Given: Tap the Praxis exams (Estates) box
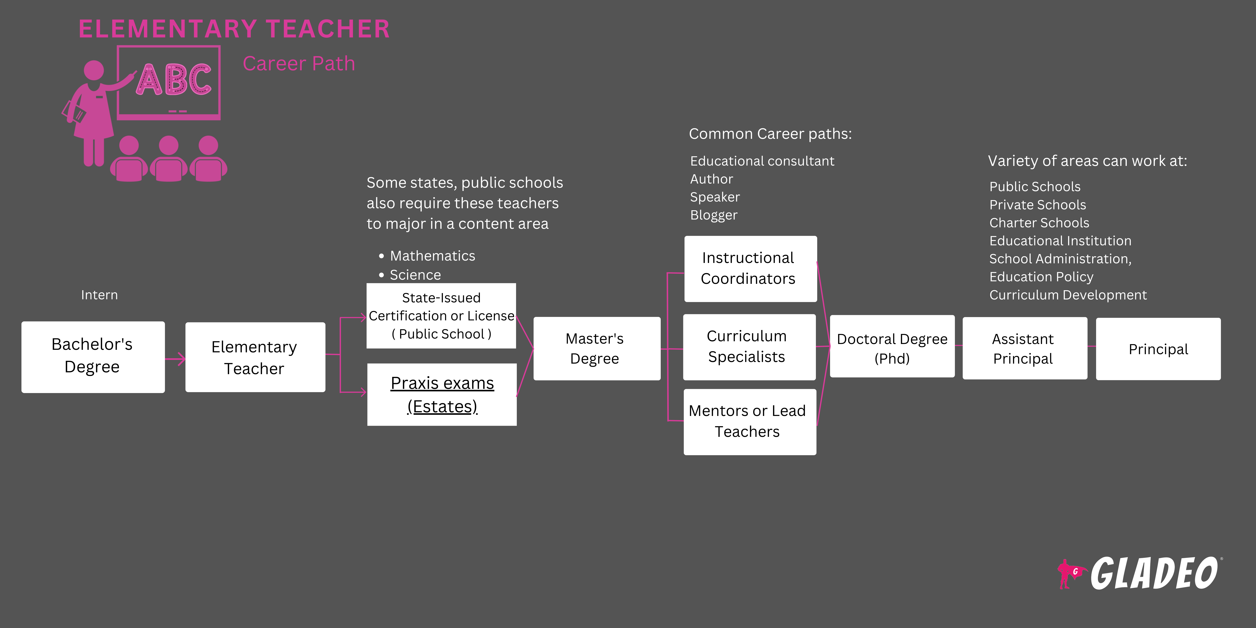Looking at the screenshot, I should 442,394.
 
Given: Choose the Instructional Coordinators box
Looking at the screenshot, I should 750,269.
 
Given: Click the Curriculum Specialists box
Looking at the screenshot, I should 749,347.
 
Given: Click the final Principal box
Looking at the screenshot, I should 1158,349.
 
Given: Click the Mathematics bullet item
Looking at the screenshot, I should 432,256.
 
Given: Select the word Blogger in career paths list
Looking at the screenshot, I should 713,215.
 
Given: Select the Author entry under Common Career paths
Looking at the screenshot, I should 711,179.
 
